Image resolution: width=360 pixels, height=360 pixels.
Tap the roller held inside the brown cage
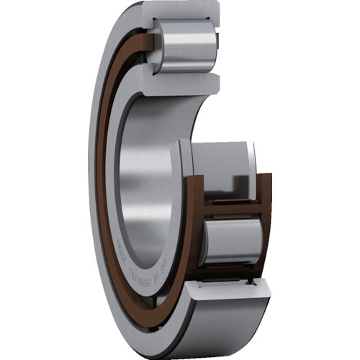(232, 240)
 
